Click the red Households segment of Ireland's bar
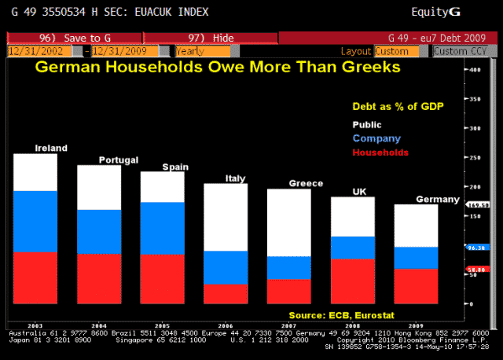pyautogui.click(x=35, y=277)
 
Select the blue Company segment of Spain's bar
pyautogui.click(x=163, y=228)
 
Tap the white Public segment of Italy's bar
pyautogui.click(x=226, y=217)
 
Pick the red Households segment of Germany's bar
pyautogui.click(x=416, y=286)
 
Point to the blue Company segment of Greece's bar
pyautogui.click(x=289, y=267)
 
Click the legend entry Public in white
pyautogui.click(x=366, y=124)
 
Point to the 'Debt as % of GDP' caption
pyautogui.click(x=385, y=105)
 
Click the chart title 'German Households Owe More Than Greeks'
pyautogui.click(x=216, y=68)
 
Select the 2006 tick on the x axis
pyautogui.click(x=226, y=325)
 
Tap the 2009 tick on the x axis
pyautogui.click(x=416, y=325)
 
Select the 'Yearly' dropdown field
pyautogui.click(x=203, y=50)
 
